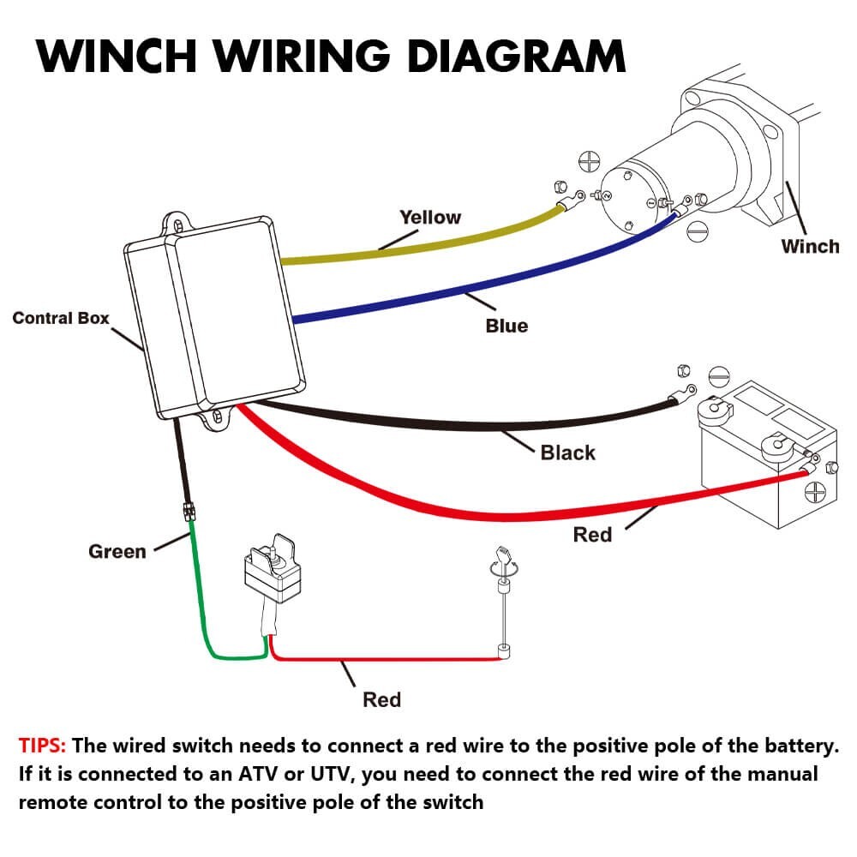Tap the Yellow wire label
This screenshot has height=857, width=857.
430,218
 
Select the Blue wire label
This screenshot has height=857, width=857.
506,326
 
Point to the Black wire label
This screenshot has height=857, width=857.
567,452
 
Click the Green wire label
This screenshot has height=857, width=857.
117,551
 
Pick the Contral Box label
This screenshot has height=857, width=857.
61,318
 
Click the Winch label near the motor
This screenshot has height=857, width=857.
810,247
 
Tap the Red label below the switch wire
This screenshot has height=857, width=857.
381,699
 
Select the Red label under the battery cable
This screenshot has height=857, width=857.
592,535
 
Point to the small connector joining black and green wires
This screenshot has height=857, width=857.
187,513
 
